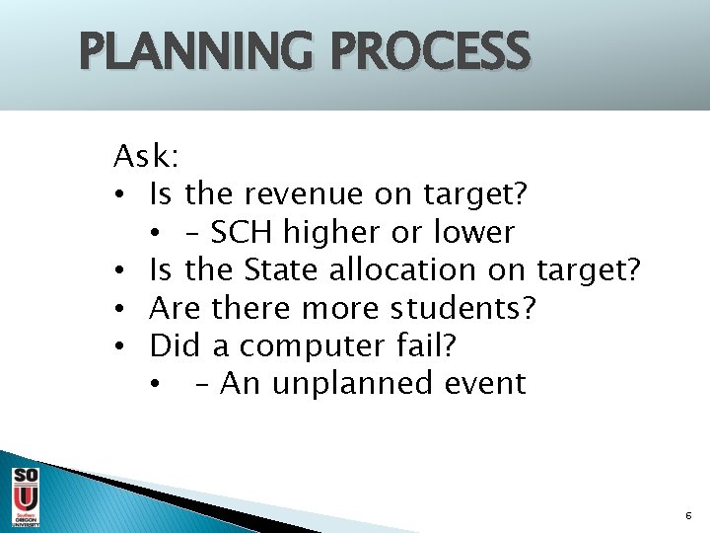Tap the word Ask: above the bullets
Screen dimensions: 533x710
(x=145, y=156)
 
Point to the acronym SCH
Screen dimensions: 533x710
(x=244, y=233)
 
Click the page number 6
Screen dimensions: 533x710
(x=688, y=516)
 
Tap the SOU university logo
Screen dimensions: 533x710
(x=26, y=496)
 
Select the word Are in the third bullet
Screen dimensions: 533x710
(x=175, y=308)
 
